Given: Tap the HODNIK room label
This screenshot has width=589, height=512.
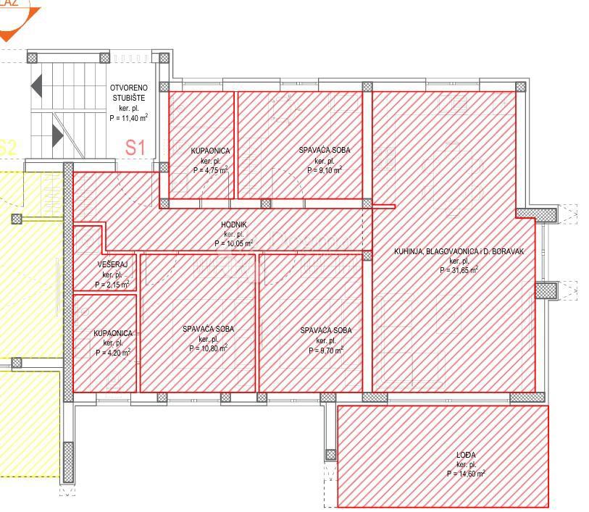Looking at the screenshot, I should click(234, 225).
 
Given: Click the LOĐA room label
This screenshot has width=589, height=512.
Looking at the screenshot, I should click(466, 455).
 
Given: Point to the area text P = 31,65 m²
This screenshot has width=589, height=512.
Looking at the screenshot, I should click(459, 270).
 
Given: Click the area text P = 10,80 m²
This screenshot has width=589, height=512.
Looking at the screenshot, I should click(209, 348).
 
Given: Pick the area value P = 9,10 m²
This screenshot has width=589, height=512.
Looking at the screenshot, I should click(323, 170).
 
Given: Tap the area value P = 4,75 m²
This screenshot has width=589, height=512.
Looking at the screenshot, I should click(211, 170).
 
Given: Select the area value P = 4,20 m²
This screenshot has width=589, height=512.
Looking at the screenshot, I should click(113, 353).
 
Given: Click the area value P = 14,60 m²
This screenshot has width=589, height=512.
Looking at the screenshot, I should click(466, 474).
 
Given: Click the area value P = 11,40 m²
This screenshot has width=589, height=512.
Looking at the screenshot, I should click(129, 117).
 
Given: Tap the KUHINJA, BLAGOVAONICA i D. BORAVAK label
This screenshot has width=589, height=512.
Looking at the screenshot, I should click(459, 251).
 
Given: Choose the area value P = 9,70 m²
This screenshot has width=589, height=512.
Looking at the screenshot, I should click(325, 350).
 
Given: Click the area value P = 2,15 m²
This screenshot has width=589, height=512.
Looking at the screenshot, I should click(114, 285).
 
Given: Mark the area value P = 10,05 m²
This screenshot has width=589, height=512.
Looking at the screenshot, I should click(234, 244).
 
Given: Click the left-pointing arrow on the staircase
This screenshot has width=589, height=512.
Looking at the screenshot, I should click(36, 86).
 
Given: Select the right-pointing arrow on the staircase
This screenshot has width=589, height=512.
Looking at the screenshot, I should click(57, 135).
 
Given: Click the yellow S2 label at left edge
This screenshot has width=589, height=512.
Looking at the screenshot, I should click(7, 147).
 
